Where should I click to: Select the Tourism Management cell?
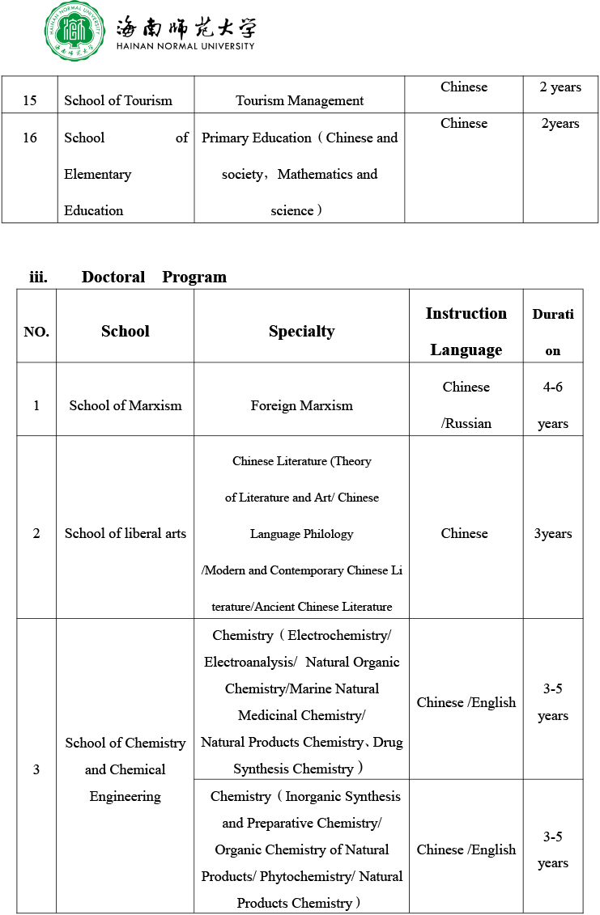tap(300, 100)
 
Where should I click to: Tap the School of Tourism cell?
tap(118, 100)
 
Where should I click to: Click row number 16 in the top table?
tap(30, 138)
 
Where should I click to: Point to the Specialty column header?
tap(301, 331)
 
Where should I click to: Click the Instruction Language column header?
tap(466, 331)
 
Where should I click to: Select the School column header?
tap(126, 331)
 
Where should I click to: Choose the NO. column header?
tap(36, 332)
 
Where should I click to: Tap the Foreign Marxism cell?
tap(301, 405)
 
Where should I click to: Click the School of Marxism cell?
tap(126, 405)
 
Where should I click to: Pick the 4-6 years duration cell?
tap(553, 405)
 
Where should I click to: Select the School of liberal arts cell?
tap(126, 533)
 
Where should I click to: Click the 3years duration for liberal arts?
tap(553, 533)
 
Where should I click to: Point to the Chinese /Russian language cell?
tap(466, 405)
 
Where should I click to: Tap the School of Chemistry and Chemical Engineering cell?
tap(126, 769)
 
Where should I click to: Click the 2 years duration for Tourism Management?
tap(560, 87)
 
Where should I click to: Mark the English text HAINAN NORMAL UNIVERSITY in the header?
tap(185, 46)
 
